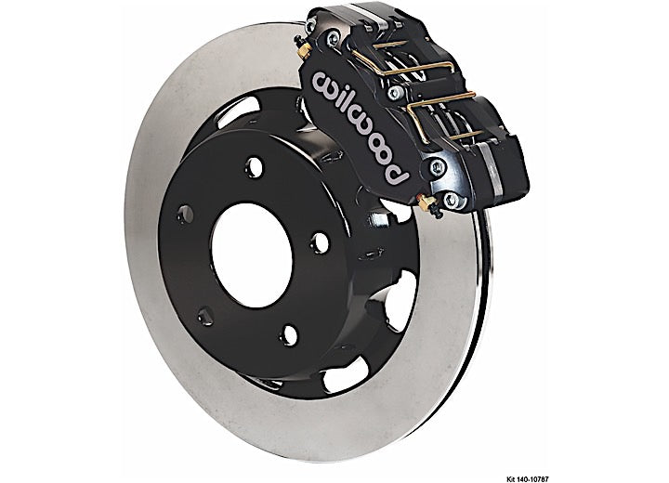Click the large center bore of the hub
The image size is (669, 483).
tap(252, 255)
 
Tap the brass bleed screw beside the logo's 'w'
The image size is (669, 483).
tap(303, 47)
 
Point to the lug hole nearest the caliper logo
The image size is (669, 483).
tap(254, 165)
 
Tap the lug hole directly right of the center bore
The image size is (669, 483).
tap(320, 242)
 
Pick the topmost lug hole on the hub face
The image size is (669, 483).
tap(254, 165)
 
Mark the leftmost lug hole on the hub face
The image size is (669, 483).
tap(185, 214)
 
